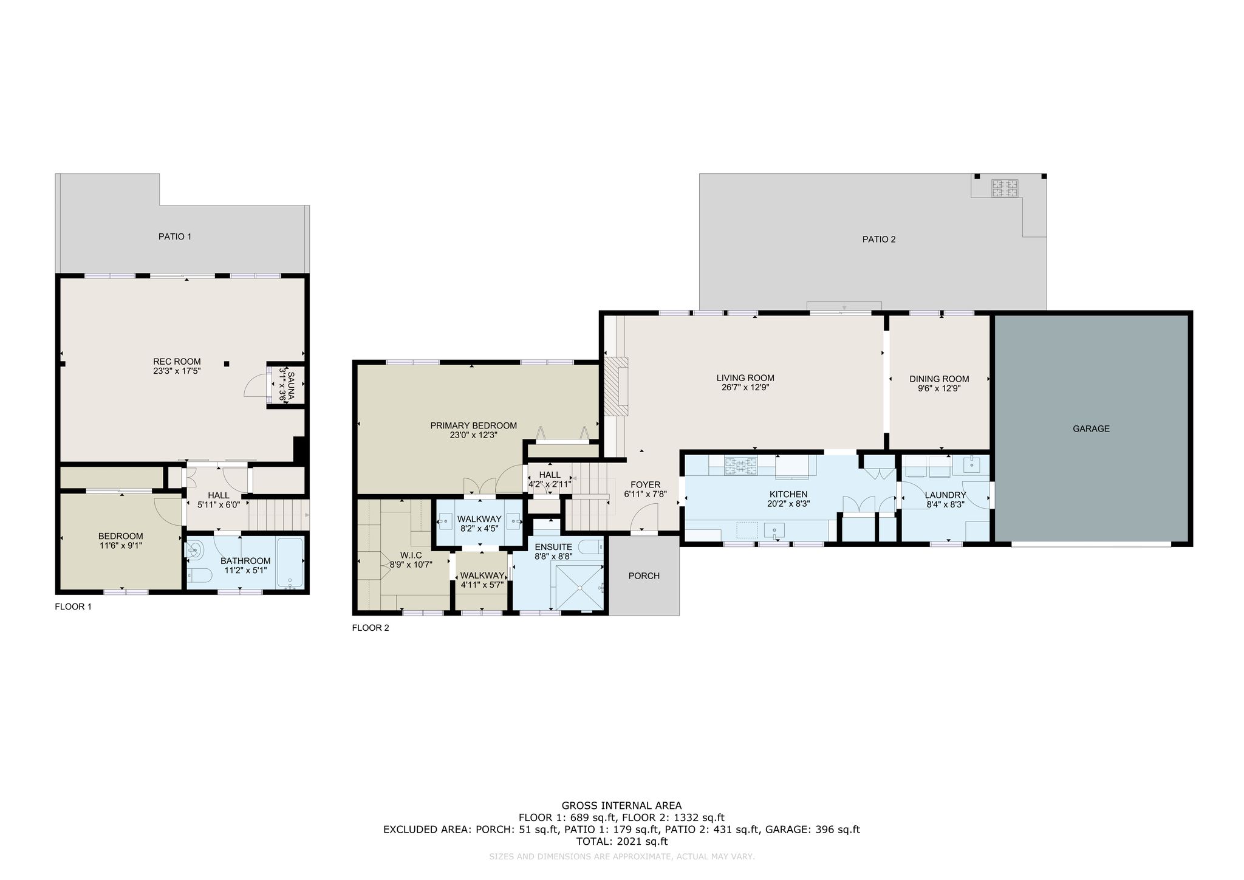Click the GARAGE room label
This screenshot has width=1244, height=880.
pos(1091,428)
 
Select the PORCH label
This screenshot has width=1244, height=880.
pos(644,576)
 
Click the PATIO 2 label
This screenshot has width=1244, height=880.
pos(879,239)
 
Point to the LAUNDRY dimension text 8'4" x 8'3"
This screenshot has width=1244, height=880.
pos(946,504)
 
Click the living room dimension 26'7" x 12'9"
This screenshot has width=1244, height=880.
pos(745,387)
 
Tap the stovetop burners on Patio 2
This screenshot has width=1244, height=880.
pos(1005,188)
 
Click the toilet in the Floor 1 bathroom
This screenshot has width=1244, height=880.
pos(198,575)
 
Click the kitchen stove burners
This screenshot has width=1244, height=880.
pos(740,466)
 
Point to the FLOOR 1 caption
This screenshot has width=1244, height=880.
pos(73,607)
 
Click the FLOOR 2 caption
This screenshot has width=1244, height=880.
pos(371,628)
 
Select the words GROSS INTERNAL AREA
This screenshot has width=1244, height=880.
pos(621,806)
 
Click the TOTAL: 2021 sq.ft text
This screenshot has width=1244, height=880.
pos(621,842)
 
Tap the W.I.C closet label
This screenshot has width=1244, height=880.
pos(411,555)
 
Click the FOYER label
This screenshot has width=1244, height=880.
pos(645,484)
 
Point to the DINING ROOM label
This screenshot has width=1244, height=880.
pos(939,379)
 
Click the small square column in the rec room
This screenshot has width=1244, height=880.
pos(227,364)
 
